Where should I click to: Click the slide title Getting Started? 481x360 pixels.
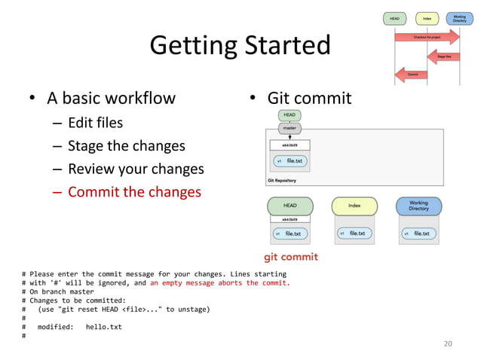pos(240,46)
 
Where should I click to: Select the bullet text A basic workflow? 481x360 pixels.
pos(111,98)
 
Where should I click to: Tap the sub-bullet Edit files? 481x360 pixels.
pos(95,122)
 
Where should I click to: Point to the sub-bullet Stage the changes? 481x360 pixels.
pos(126,145)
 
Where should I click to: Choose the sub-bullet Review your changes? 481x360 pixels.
pos(136,169)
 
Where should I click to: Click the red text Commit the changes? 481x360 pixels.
pos(134,192)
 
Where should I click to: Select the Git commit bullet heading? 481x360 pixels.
pos(309,98)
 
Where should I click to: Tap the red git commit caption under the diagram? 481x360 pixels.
pos(290,257)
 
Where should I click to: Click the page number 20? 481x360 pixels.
pos(448,343)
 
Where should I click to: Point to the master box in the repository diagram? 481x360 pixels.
pos(290,129)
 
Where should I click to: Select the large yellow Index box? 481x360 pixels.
pos(354,206)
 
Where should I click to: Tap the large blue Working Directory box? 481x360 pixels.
pos(418,206)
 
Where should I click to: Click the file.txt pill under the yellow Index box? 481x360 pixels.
pos(354,233)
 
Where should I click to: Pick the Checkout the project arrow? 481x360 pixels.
pos(427,36)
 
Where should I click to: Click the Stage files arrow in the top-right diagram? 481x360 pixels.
pos(445,56)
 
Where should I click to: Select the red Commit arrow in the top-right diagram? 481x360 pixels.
pos(412,74)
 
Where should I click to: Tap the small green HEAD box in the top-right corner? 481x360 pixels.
pos(394,17)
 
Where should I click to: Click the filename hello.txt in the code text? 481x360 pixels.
pos(103,327)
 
